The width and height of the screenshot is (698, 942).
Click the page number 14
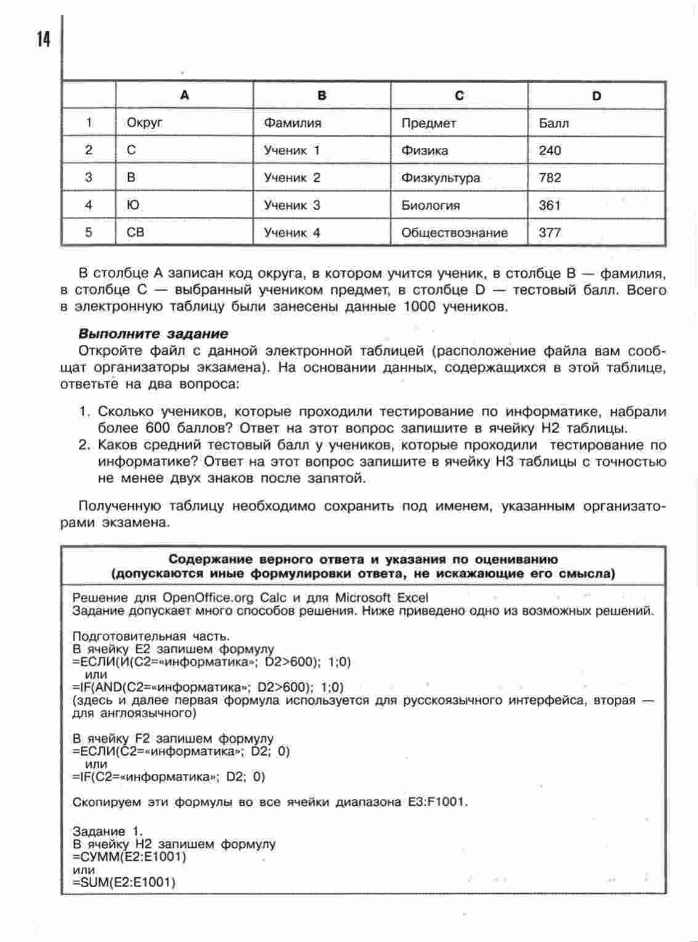[43, 39]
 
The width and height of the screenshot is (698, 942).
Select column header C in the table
[459, 95]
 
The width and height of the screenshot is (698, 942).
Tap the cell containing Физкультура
[440, 178]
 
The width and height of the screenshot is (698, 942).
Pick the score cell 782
[550, 178]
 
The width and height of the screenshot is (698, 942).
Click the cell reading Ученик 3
[292, 205]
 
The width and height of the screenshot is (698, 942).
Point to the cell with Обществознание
[455, 233]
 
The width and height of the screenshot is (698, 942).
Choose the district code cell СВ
[136, 233]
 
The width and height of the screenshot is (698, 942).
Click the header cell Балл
[554, 123]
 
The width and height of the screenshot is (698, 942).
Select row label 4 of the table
[89, 205]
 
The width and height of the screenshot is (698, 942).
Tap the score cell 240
[550, 150]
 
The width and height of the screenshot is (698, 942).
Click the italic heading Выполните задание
[153, 334]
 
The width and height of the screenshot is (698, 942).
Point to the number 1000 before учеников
[421, 307]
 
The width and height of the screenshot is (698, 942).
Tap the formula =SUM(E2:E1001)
[124, 883]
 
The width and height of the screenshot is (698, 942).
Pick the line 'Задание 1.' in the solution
[107, 831]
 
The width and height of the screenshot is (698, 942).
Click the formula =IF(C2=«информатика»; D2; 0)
[169, 777]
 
